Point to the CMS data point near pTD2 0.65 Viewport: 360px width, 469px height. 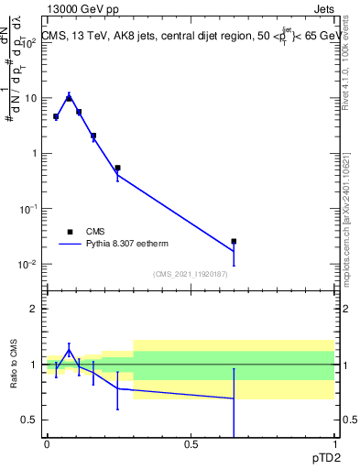coord(234,242)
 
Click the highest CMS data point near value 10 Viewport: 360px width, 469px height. coord(69,98)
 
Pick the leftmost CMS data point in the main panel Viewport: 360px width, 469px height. coord(56,116)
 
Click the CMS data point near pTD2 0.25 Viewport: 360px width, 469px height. coord(117,168)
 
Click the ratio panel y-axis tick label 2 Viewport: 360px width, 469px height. coord(33,309)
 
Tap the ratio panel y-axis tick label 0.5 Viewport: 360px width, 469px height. coord(29,420)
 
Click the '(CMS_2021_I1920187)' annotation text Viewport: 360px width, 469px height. coord(190,274)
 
